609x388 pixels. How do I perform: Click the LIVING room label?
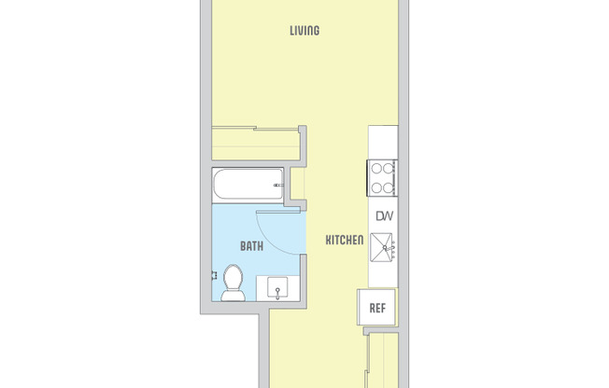[304, 31]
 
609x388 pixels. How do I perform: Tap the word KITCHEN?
[344, 241]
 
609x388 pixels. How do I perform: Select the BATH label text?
[251, 247]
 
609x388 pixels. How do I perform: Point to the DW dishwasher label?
[384, 216]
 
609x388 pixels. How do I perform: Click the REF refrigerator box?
[378, 307]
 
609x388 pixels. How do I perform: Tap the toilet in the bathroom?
[234, 283]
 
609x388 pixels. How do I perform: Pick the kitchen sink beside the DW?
[384, 247]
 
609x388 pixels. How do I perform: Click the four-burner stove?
[384, 177]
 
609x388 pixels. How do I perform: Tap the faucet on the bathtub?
[277, 187]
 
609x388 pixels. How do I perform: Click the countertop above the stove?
[383, 142]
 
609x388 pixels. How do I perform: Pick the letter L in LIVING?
[292, 31]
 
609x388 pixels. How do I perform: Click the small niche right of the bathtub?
[297, 184]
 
